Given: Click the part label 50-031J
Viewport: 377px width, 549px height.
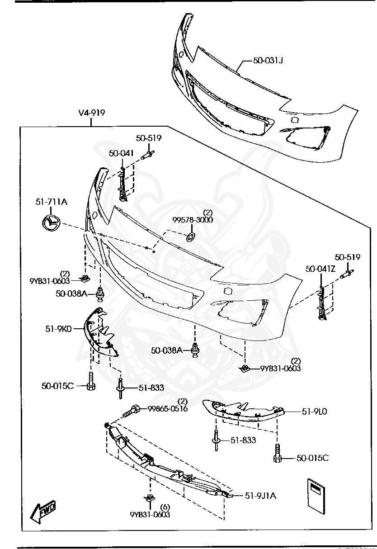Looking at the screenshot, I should tap(268, 60).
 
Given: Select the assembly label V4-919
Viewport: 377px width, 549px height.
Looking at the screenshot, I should tap(92, 113).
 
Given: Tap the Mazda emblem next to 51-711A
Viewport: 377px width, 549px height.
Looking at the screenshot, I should tap(51, 223).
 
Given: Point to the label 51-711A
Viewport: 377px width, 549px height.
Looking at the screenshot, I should tap(52, 202).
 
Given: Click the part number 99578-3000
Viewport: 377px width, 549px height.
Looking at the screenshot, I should tap(192, 220).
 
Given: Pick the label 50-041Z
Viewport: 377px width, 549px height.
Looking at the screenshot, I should tap(320, 269).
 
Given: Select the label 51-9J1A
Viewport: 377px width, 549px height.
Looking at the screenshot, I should tap(260, 496).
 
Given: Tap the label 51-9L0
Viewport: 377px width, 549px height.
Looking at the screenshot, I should tap(314, 412).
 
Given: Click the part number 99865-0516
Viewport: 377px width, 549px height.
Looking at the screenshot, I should tap(168, 409).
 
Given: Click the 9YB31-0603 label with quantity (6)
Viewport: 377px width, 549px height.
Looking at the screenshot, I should tap(150, 515).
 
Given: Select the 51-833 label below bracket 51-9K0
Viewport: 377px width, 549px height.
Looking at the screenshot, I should tap(151, 388).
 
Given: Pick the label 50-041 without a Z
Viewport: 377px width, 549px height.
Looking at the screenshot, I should tap(121, 153).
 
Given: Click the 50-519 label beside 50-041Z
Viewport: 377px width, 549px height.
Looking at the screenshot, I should tap(348, 257).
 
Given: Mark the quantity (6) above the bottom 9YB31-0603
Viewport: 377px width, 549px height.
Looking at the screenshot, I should tap(165, 507).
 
